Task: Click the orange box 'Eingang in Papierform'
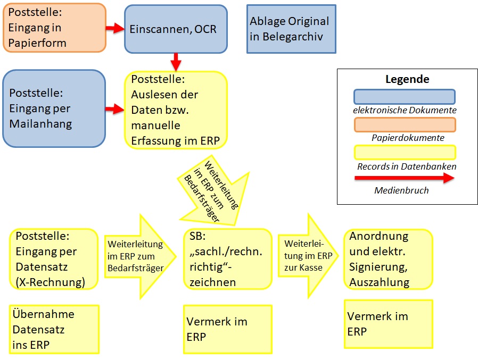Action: click(54, 28)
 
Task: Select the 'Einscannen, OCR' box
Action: click(176, 29)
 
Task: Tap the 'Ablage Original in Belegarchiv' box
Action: click(291, 29)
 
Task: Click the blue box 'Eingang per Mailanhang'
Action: click(54, 108)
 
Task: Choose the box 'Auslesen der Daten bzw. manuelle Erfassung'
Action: click(176, 110)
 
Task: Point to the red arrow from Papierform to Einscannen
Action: click(115, 28)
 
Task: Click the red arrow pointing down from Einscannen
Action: click(176, 62)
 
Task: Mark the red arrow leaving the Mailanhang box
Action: click(115, 109)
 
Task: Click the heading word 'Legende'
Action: click(407, 80)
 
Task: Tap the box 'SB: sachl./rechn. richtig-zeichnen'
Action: click(227, 259)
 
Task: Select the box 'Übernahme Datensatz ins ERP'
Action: click(54, 329)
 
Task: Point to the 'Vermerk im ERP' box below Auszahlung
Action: click(388, 324)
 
